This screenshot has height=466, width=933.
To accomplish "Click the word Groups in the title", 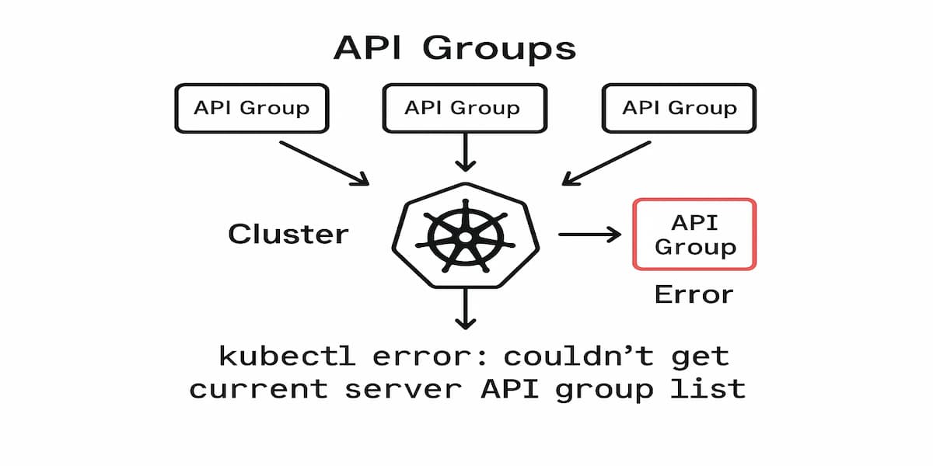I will (500, 48).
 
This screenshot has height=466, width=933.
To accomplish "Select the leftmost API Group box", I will (251, 108).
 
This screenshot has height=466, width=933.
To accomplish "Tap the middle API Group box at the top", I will (464, 108).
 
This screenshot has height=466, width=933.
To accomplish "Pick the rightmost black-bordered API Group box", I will (679, 108).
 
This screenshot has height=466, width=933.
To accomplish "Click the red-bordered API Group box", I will (694, 235).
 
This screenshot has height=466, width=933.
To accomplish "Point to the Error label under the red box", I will (694, 294).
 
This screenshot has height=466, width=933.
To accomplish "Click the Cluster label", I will (288, 234).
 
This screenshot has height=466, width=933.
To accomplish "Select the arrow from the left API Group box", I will (323, 163).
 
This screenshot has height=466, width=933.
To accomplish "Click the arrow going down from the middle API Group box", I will (465, 151).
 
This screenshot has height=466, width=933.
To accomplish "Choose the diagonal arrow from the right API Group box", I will (606, 163).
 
